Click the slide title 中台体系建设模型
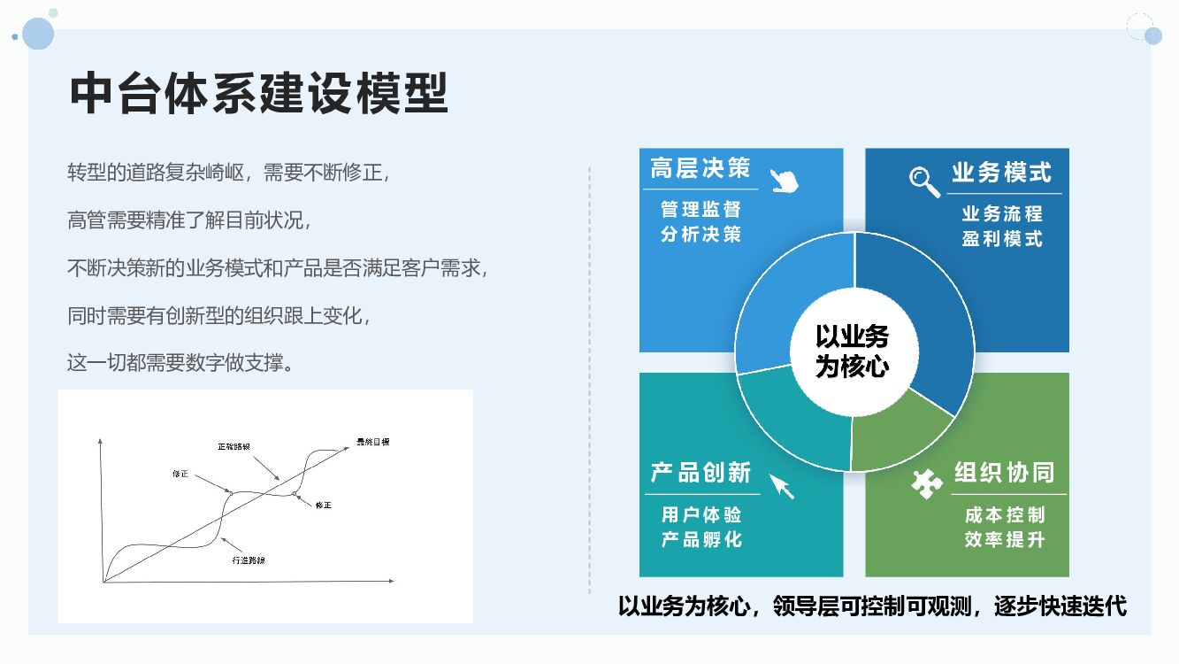point(258,93)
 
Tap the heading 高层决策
point(700,168)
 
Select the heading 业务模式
point(1001,172)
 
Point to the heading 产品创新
point(701,473)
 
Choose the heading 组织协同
point(1005,473)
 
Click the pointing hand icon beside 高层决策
point(783,180)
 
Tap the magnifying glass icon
point(924,181)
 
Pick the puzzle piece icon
point(926,483)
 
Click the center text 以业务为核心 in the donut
point(852,351)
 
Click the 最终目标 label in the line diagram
point(373,441)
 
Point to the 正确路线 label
point(234,446)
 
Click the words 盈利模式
point(1003,239)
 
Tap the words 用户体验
point(701,514)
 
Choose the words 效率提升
point(1005,539)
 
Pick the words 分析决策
point(701,235)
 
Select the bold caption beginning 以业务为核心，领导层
point(872,606)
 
